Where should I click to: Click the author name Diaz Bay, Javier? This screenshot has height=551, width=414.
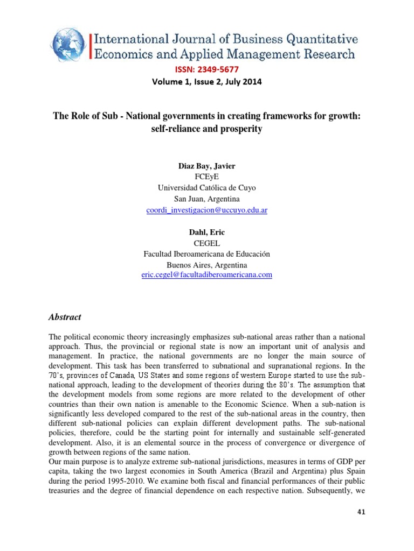click(207, 166)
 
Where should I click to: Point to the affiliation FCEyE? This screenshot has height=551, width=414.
click(207, 176)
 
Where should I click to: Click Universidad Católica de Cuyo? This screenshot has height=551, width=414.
click(207, 188)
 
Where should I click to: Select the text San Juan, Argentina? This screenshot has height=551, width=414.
click(207, 199)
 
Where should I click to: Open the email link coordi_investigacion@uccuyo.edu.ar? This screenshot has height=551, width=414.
click(207, 210)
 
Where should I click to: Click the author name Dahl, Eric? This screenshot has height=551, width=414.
click(207, 232)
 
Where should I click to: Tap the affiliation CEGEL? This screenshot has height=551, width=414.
click(207, 243)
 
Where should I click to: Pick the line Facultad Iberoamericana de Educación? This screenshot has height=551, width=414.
click(207, 254)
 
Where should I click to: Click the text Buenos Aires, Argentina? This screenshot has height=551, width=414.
click(207, 265)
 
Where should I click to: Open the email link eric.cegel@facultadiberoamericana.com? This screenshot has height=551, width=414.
click(207, 275)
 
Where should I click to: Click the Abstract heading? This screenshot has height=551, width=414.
click(65, 317)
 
